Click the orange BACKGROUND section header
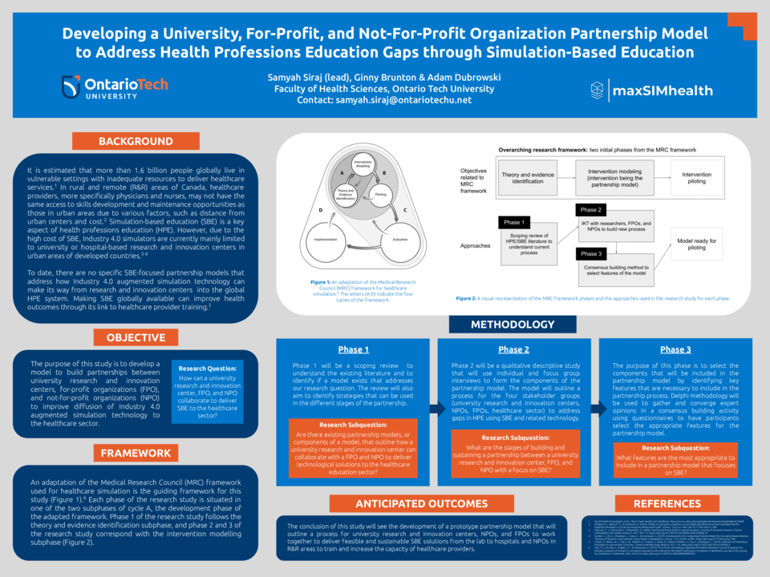click(136, 141)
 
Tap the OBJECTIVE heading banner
click(136, 337)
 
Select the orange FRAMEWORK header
click(136, 453)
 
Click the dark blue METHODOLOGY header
click(513, 325)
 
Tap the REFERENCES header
click(667, 503)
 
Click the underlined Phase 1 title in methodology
click(354, 349)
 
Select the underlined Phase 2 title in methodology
click(513, 349)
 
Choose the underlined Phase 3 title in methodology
click(675, 349)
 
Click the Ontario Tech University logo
click(115, 87)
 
